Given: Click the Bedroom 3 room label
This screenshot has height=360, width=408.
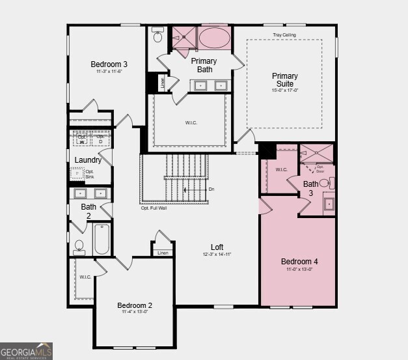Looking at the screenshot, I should [109, 64].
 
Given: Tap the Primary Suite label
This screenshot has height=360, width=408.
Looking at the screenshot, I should [284, 80].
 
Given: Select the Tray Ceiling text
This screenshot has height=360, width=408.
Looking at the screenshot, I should [284, 35].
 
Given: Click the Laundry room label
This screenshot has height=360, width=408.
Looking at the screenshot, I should [88, 160].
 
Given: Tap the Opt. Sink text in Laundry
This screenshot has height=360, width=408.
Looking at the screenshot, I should [90, 174].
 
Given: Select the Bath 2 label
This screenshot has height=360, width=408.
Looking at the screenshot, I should [88, 211].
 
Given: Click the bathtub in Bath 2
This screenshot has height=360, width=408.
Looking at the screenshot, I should [102, 240].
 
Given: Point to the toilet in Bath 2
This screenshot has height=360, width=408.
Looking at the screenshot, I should [79, 246].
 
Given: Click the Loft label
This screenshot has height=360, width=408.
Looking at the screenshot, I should [217, 247].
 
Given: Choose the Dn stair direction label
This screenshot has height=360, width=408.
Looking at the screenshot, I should [211, 189].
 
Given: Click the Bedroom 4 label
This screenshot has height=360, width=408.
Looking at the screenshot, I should [299, 262].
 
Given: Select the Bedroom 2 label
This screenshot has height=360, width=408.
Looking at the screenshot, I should [135, 305].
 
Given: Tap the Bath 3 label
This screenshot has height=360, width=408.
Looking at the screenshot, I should [311, 188].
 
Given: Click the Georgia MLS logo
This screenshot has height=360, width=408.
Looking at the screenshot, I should [26, 351].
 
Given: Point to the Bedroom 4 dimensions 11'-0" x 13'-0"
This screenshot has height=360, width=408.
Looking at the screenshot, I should [299, 270].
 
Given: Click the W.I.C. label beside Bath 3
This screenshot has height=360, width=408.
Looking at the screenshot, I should [281, 170].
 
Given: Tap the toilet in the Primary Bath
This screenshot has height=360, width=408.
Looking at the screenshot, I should [157, 37].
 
